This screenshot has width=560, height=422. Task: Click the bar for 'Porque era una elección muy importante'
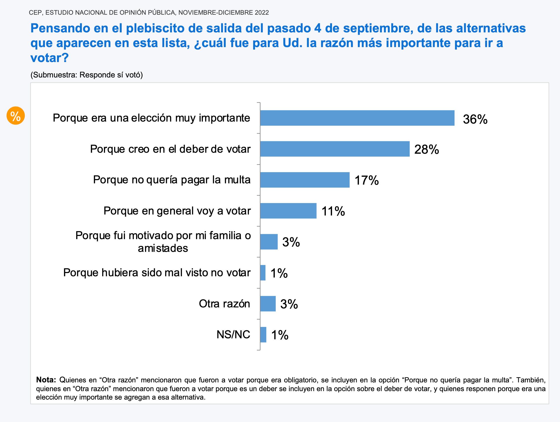(357, 118)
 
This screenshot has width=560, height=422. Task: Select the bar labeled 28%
(335, 149)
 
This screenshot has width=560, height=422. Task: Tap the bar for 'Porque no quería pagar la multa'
(305, 180)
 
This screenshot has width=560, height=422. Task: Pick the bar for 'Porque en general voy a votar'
(288, 211)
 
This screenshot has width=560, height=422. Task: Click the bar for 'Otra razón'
(268, 304)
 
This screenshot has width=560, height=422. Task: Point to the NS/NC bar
(263, 335)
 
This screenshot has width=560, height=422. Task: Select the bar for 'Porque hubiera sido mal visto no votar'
(263, 273)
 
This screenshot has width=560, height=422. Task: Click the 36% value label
(475, 119)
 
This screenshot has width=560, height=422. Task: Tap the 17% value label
(367, 180)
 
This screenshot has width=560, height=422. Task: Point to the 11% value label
(333, 211)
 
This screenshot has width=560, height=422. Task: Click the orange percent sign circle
(15, 116)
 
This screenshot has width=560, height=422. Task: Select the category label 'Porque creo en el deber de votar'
(170, 149)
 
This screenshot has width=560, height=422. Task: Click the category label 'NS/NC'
(233, 335)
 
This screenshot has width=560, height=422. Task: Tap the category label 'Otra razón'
(224, 304)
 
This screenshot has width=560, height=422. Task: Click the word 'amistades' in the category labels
(163, 248)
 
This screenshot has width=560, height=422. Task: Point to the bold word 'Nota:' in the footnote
(46, 380)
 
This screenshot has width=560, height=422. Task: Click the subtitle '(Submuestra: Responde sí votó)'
(87, 75)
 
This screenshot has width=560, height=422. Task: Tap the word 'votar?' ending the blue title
(50, 58)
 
